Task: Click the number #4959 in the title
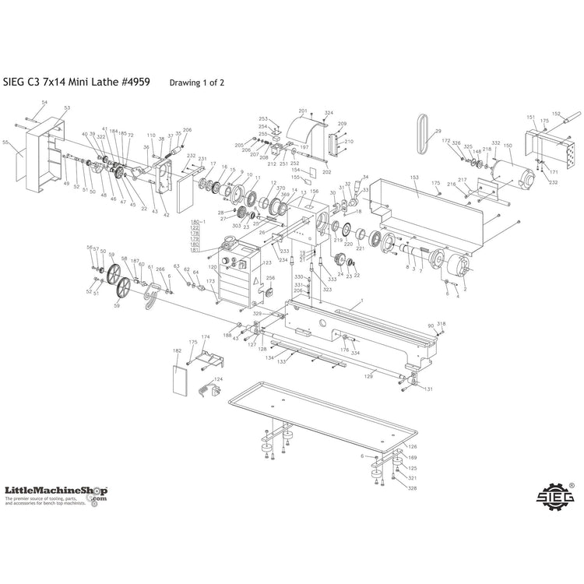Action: (135, 80)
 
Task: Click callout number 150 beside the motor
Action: (508, 146)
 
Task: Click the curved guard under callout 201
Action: (304, 128)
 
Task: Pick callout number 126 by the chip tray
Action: (413, 446)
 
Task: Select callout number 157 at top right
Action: (557, 113)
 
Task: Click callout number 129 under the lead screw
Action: (370, 375)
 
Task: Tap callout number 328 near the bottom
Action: (413, 488)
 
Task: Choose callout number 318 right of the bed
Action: (441, 324)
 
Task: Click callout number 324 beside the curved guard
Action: (329, 113)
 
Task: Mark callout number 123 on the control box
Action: (267, 263)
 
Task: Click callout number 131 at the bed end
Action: (428, 389)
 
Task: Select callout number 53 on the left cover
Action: (67, 108)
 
